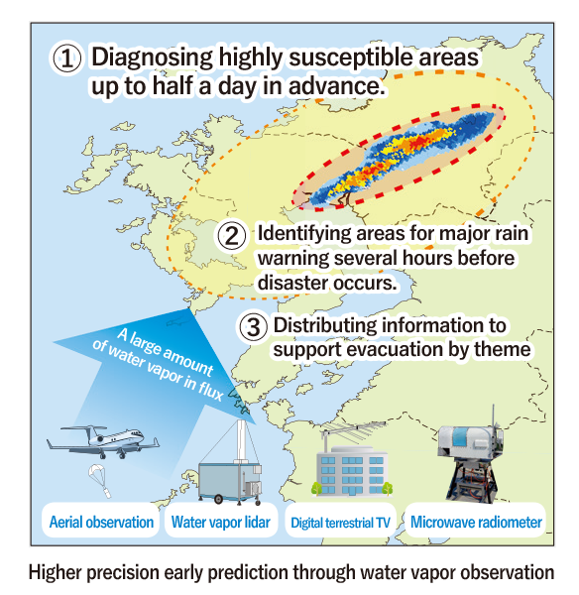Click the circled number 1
(66, 59)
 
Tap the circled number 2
(232, 235)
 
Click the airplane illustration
(103, 441)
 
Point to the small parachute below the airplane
(100, 480)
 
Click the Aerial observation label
(101, 523)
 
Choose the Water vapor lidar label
(220, 523)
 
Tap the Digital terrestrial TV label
(340, 523)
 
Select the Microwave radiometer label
(476, 523)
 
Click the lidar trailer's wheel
(218, 499)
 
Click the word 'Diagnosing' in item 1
(152, 58)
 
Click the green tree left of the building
(316, 489)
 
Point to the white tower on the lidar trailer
(242, 441)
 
